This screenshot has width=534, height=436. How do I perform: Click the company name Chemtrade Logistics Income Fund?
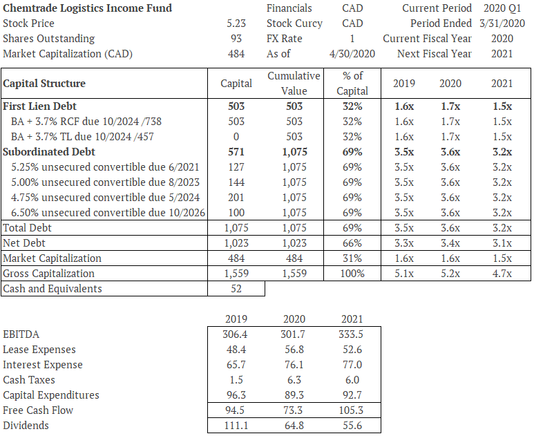tap(88, 8)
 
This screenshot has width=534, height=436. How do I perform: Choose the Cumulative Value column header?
tap(294, 83)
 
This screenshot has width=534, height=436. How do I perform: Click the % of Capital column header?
tap(352, 83)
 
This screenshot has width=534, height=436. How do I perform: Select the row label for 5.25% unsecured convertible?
tap(105, 167)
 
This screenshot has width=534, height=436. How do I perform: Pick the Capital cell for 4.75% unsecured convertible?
tap(236, 197)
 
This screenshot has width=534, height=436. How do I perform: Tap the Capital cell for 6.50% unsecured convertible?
tap(236, 212)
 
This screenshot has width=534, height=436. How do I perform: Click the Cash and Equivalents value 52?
tap(236, 289)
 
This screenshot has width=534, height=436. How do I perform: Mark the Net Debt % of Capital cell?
tap(352, 243)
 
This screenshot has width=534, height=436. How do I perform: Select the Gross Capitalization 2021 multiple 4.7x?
tap(502, 273)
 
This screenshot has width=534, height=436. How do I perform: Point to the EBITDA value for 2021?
tap(352, 334)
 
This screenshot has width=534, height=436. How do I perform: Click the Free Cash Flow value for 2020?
tap(294, 410)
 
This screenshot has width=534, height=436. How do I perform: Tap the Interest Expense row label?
tap(43, 365)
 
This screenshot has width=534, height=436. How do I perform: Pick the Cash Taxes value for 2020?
tap(294, 380)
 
